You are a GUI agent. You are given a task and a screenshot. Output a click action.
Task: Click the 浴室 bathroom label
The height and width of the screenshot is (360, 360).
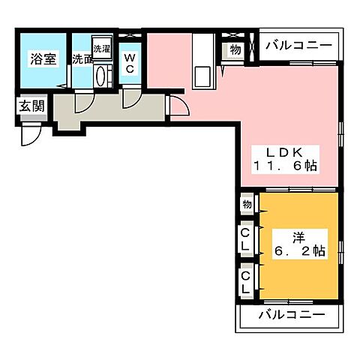pos(43,59)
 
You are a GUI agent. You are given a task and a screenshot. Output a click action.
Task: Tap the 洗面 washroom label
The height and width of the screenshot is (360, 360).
pos(82,59)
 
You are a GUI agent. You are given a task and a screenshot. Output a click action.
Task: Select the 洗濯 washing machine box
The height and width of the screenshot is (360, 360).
pos(101,47)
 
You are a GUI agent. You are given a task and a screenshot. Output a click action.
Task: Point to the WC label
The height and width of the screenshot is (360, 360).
pos(130,61)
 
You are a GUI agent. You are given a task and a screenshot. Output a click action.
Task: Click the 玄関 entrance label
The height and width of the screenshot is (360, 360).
pos(31,106)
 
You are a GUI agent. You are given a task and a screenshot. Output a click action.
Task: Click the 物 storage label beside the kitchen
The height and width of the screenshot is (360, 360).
pos(235,50)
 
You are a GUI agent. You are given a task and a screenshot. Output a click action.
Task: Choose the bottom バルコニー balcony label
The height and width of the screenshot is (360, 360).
pos(292,313)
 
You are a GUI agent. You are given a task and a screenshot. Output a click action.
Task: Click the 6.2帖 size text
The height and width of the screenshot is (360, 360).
pos(298,251)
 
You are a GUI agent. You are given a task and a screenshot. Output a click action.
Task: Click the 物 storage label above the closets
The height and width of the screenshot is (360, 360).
pos(246,205)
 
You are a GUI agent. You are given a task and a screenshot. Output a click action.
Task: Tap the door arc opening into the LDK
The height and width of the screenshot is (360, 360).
pos(178,107)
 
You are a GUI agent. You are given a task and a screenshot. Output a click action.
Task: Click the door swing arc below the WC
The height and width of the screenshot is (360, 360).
pos(132,95)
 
